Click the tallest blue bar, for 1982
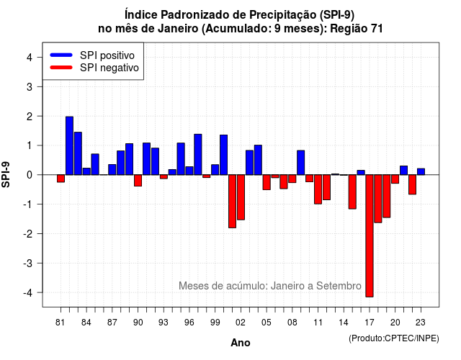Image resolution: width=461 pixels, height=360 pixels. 69,145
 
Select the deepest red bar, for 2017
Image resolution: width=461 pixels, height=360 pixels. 370,235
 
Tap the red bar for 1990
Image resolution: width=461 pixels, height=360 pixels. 138,181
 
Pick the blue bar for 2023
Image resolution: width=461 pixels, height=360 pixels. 421,171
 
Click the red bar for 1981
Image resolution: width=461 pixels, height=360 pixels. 61,179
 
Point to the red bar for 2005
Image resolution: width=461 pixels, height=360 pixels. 267,182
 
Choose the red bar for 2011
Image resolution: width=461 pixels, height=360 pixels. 318,189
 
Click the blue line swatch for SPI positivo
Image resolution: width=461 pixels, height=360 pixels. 61,55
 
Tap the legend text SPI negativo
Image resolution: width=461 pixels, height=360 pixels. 109,68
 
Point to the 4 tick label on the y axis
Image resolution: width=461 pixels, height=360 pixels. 30,58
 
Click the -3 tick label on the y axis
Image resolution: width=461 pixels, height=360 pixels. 28,264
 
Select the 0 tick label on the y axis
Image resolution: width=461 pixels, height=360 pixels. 30,175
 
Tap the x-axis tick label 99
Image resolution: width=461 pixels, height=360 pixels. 215,323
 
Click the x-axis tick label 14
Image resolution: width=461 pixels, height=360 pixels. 344,323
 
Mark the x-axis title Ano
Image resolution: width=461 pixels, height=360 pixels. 241,343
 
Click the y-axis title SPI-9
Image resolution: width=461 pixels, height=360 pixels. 6,175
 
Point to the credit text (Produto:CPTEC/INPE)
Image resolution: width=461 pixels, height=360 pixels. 394,338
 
